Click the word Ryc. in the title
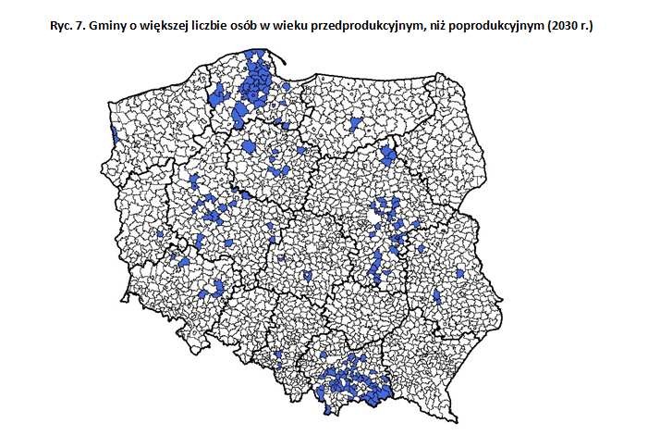pos(62,28)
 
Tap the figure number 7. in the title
pos(85,28)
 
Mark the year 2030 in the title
pos(572,28)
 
